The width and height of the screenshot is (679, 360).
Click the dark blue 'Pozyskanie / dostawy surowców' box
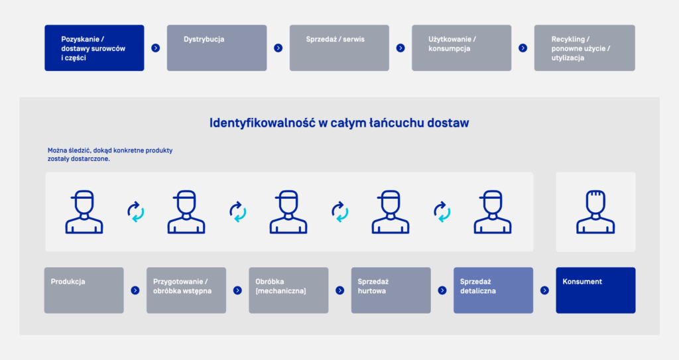tap(94, 48)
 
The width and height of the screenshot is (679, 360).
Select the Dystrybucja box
tap(216, 48)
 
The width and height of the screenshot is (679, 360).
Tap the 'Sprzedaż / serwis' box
tap(339, 48)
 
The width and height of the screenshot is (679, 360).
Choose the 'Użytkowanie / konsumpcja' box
tap(462, 48)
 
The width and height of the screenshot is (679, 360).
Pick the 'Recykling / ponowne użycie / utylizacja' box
tap(584, 48)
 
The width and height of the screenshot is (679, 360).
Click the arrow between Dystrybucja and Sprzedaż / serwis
tap(278, 48)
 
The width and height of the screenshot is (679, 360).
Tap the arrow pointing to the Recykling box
tap(523, 48)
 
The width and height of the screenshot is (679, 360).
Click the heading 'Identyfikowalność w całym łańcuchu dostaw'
tap(339, 123)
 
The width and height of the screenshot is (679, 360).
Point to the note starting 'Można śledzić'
tap(109, 154)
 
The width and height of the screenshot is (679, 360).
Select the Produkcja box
tap(84, 290)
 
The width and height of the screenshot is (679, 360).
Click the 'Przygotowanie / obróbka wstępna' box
tap(186, 290)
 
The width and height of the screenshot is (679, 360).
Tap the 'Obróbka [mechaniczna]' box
tap(288, 290)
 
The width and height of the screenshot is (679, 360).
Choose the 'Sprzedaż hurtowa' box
tap(391, 290)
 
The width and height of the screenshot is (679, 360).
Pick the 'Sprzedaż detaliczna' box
tap(493, 290)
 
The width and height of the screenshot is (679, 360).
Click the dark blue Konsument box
tap(595, 290)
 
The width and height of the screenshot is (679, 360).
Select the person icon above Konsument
tap(595, 212)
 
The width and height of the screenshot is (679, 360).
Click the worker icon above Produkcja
tap(84, 212)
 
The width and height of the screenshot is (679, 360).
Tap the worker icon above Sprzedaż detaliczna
tap(493, 212)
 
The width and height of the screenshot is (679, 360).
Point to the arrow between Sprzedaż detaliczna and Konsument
tap(544, 290)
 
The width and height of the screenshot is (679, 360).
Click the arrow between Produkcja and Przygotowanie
tap(135, 290)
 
